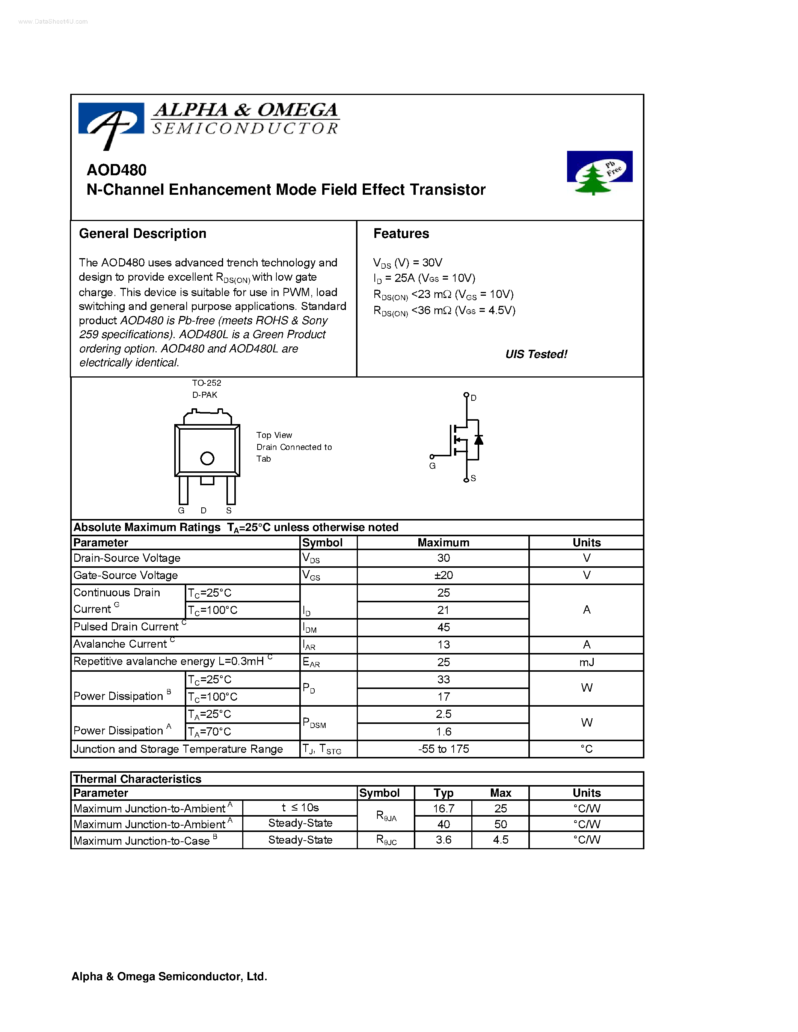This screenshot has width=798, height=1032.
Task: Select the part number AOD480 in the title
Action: pos(116,170)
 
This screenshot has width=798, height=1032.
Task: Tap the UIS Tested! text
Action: pos(536,354)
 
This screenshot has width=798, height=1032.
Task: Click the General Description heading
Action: pos(142,233)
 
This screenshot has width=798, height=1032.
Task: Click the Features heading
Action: pos(401,233)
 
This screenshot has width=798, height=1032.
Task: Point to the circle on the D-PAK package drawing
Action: pos(207,458)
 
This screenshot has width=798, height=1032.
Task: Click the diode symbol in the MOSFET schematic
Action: pos(478,439)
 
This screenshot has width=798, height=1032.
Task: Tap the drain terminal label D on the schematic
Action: pos(473,398)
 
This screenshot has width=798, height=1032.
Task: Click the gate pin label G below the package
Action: pos(181,510)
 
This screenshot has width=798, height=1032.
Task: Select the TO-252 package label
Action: pos(207,383)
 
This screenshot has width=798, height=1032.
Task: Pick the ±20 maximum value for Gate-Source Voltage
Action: pos(443,575)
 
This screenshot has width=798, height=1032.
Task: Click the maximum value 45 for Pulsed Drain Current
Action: pos(443,627)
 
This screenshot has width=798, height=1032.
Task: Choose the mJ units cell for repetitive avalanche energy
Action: pos(586,662)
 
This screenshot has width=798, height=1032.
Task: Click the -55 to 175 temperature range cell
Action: pos(443,749)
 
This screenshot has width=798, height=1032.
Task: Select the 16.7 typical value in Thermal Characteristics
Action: pos(443,808)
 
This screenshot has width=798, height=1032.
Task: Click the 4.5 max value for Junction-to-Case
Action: pos(500,840)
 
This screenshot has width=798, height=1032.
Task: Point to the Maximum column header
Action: pos(443,543)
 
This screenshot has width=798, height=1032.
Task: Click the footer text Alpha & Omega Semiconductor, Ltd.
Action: pos(169,976)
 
